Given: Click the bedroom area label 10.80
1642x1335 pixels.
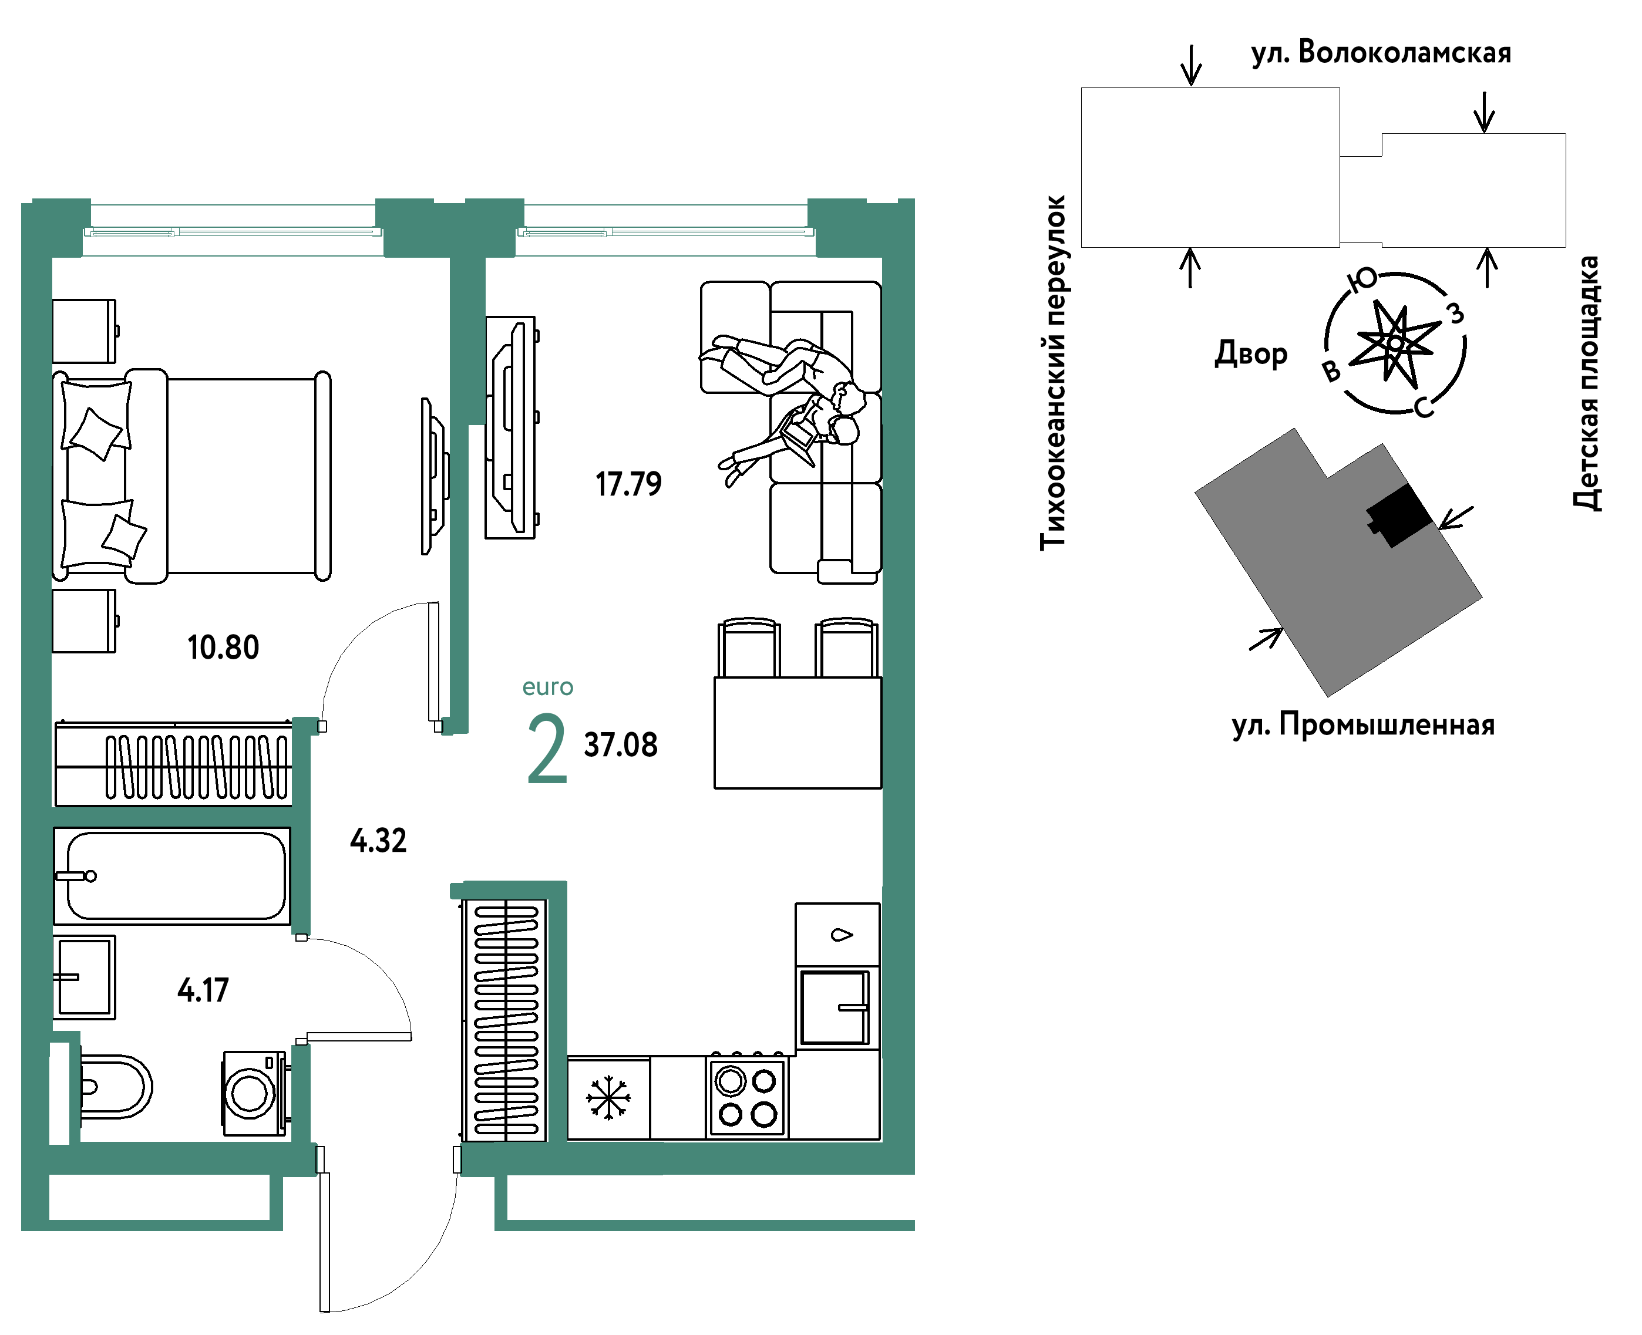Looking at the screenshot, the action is pos(223,648).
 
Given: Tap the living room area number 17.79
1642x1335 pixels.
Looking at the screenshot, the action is pos(628,484).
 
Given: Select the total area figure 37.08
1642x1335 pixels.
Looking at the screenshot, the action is pos(621,745).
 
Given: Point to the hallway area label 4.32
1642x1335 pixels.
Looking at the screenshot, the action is pos(378,841).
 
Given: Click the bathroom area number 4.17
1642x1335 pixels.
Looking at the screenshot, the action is pos(203,990).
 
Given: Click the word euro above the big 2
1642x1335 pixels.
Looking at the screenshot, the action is pos(547,687).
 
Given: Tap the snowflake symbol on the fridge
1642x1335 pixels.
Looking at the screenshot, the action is pos(608,1098).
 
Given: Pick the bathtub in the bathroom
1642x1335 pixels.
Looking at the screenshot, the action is pos(172,876).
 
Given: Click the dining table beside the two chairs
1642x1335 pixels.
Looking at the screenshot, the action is pos(798,733).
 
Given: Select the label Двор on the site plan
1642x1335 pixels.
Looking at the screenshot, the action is pos(1250,354).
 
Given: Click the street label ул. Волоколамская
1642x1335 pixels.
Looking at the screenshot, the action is pos(1381,53).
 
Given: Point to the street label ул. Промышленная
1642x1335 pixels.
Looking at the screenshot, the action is pos(1364,725).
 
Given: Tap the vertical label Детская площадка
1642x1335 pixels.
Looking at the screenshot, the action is pos(1587,383).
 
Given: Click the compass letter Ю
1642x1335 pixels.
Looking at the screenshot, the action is pos(1362,279).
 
